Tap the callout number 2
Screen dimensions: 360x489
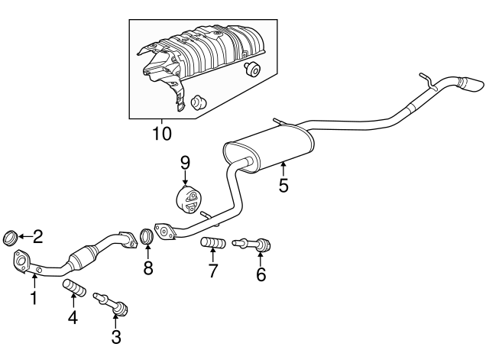[37, 237]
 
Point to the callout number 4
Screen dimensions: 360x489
[73, 316]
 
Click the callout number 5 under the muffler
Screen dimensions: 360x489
[283, 185]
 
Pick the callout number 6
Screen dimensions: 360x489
[261, 274]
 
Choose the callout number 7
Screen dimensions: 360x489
[213, 270]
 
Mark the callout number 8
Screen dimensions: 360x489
[148, 268]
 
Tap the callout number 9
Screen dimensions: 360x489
[184, 162]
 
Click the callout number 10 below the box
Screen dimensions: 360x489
[161, 133]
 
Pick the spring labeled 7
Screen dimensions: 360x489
[212, 244]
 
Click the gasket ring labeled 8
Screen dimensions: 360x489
[148, 238]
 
